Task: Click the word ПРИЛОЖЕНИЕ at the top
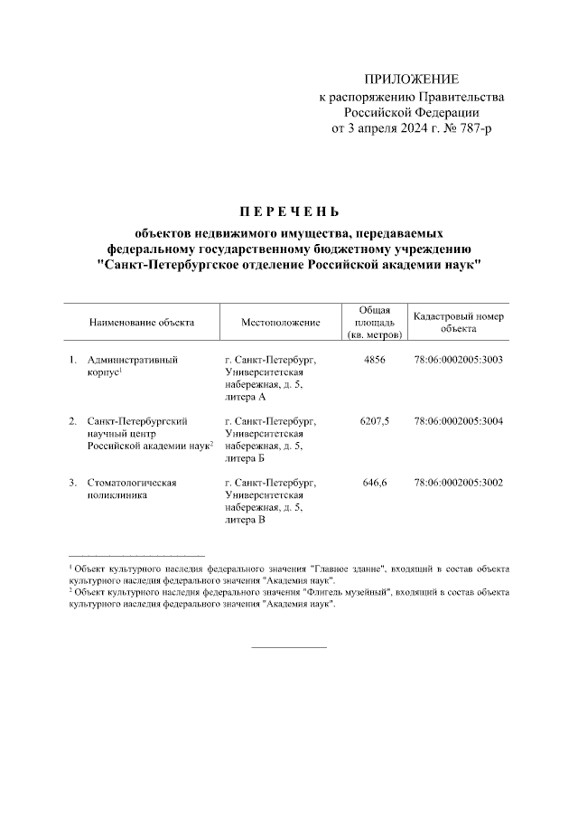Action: point(411,80)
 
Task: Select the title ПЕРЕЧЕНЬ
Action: point(288,213)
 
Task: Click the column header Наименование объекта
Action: point(141,323)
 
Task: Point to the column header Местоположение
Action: point(281,323)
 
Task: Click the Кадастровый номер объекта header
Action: point(458,323)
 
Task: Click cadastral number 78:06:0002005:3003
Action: point(458,360)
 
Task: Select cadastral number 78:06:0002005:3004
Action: point(458,421)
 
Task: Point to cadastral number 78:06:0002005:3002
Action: point(458,483)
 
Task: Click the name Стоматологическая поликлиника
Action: point(132,489)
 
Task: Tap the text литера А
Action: point(245,397)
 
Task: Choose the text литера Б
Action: point(245,458)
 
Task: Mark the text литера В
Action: point(245,520)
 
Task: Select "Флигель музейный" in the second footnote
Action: point(345,592)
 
